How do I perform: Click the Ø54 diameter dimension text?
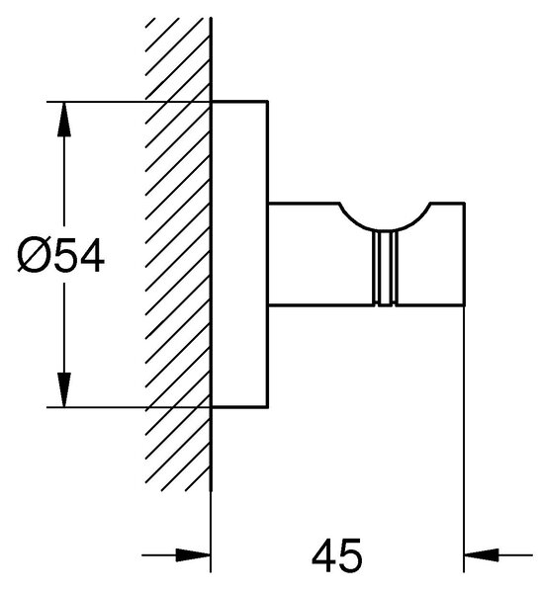pyautogui.click(x=60, y=255)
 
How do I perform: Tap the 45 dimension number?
pyautogui.click(x=337, y=555)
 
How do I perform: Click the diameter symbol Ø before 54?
pyautogui.click(x=35, y=255)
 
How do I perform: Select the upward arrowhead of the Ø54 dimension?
pyautogui.click(x=64, y=119)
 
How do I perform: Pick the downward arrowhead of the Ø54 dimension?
pyautogui.click(x=64, y=390)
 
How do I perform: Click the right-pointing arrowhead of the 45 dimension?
pyautogui.click(x=193, y=555)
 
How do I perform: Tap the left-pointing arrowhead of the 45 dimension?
pyautogui.click(x=482, y=555)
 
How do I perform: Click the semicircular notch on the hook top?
pyautogui.click(x=386, y=229)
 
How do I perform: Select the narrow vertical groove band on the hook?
pyautogui.click(x=385, y=268)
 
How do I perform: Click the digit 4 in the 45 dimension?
pyautogui.click(x=323, y=555)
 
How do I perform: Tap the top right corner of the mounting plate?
pyautogui.click(x=268, y=102)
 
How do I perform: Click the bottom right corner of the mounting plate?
pyautogui.click(x=268, y=407)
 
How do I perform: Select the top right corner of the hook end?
pyautogui.click(x=464, y=204)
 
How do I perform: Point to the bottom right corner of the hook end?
pyautogui.click(x=464, y=304)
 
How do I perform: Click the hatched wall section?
pyautogui.click(x=178, y=253)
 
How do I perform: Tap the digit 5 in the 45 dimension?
pyautogui.click(x=350, y=555)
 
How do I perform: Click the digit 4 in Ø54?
pyautogui.click(x=92, y=255)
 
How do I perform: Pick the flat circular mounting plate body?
pyautogui.click(x=239, y=255)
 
